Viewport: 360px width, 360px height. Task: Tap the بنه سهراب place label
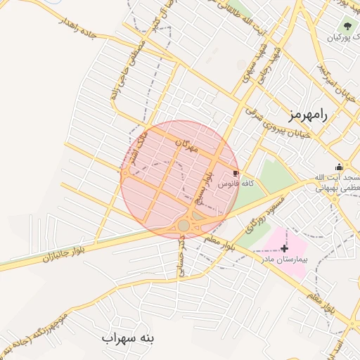(127, 338)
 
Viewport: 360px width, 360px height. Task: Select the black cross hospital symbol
(284, 248)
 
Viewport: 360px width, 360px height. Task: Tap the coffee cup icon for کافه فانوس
(235, 173)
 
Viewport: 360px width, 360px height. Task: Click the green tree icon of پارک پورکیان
(347, 27)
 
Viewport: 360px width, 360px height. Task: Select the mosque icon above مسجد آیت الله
(339, 167)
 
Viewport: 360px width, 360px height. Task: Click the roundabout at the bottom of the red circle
(184, 225)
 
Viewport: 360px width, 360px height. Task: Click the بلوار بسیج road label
(206, 187)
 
